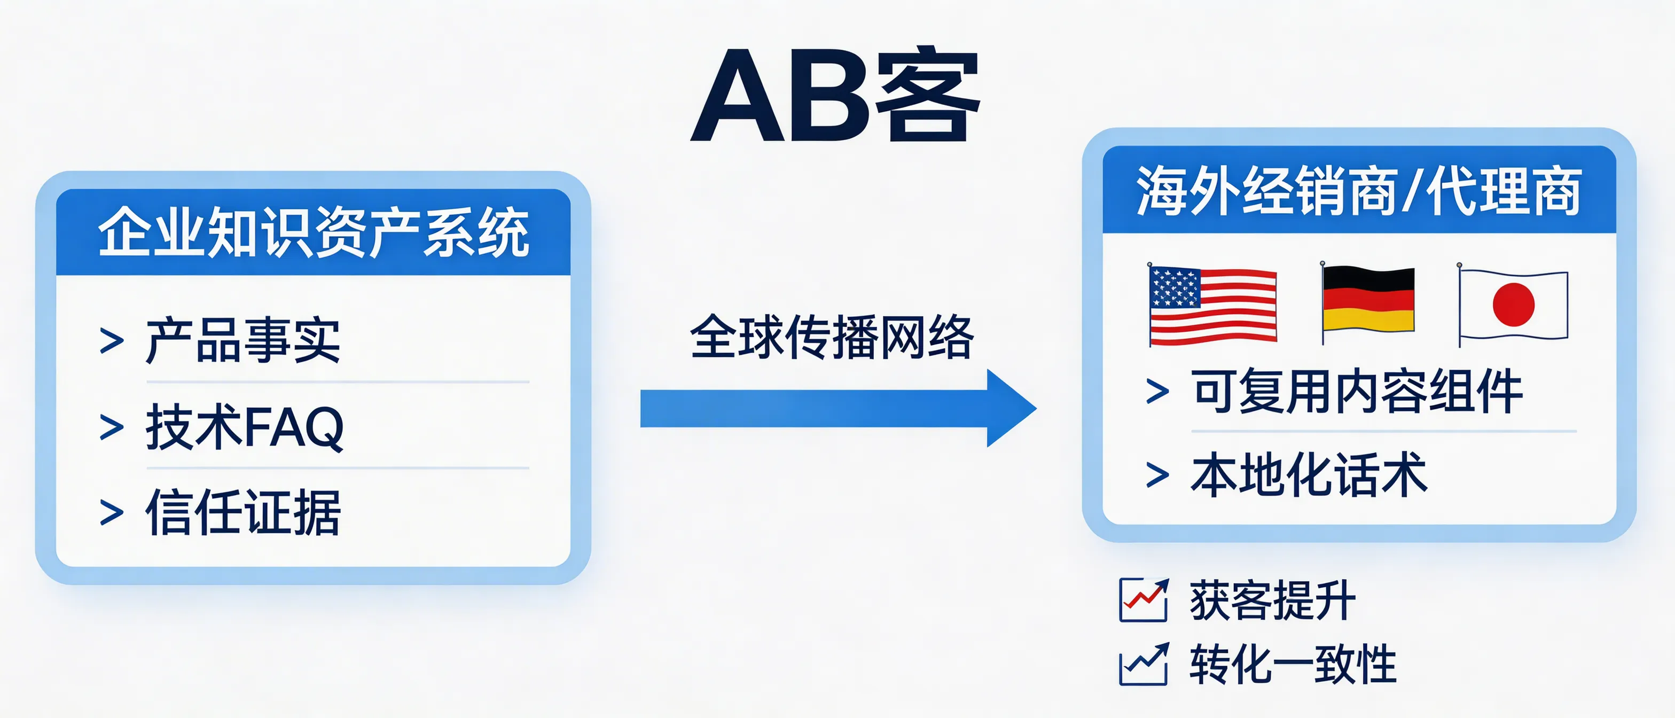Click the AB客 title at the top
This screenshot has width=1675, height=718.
point(835,95)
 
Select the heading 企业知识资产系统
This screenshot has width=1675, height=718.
point(314,232)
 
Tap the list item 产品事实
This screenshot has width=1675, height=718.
point(242,340)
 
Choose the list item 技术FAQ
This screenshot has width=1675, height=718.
point(245,427)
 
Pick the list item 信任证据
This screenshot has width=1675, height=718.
point(243,512)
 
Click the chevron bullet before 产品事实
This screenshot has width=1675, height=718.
point(111,341)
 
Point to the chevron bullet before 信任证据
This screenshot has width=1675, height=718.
point(111,512)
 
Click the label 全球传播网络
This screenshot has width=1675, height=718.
point(832,337)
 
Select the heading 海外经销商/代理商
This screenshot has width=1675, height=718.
point(1358,191)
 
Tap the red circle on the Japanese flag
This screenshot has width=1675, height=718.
point(1514,305)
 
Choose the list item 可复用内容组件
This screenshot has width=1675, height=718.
point(1356,392)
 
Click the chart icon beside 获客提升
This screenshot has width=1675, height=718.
point(1143,599)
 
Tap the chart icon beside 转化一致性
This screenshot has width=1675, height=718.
point(1143,664)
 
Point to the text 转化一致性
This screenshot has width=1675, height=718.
point(1293,664)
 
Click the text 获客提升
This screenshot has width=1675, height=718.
point(1272,599)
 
